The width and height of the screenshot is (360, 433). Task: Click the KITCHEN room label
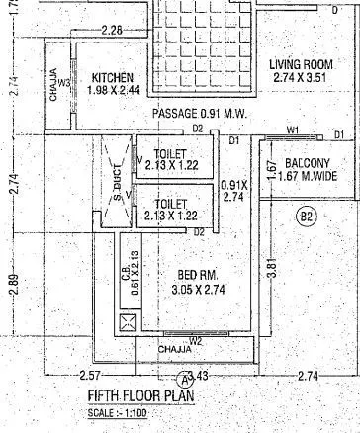[x=112, y=78]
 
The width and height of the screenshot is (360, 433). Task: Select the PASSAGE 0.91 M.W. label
[x=199, y=115]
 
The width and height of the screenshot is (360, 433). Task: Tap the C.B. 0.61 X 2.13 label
[x=127, y=266]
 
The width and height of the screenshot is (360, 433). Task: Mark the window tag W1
[x=293, y=130]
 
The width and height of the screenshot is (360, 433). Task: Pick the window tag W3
[x=64, y=84]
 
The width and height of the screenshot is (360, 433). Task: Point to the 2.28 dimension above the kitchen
[x=112, y=31]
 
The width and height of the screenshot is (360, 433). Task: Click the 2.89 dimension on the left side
[x=13, y=279]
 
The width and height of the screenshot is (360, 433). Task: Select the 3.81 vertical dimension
[x=270, y=267]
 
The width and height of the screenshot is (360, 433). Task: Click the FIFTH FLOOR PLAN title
[x=135, y=397]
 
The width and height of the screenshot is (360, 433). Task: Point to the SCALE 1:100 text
[x=116, y=412]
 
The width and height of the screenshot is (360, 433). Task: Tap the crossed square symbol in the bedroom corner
[x=127, y=322]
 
